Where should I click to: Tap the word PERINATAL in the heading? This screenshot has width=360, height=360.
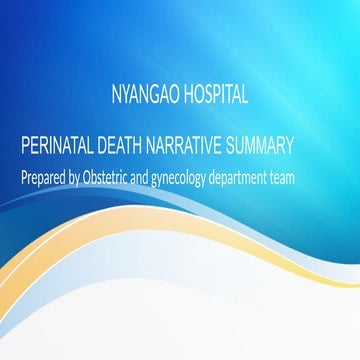click(x=59, y=147)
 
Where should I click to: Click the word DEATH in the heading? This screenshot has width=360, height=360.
click(x=125, y=147)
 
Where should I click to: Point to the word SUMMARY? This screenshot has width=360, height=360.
click(x=260, y=147)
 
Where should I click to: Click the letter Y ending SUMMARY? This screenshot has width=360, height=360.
click(x=289, y=147)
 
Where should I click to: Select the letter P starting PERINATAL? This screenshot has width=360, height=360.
click(x=25, y=147)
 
